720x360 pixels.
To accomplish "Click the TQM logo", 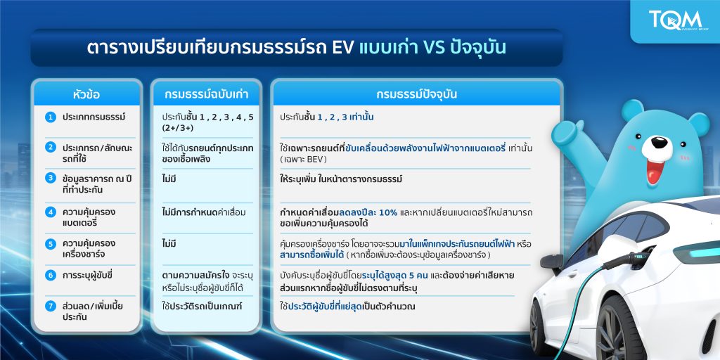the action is tap(675, 20).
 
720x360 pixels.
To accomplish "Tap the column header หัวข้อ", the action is tap(86, 95).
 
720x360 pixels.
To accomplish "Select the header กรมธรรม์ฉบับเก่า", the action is tap(206, 95).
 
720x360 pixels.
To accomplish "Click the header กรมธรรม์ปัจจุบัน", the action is tap(416, 95).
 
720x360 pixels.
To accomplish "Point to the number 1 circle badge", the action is tap(51, 117).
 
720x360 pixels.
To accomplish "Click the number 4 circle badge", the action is tap(51, 212).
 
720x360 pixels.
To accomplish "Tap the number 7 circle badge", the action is tap(51, 306).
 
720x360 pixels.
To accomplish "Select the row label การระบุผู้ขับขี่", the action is tap(88, 275).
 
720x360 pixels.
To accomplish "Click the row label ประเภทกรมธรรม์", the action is tap(94, 117).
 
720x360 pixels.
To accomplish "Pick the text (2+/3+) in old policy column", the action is tap(177, 128).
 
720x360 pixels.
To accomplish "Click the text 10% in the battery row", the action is tap(388, 212).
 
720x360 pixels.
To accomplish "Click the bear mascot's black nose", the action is tap(660, 143).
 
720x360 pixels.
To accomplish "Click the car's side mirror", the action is tap(551, 262).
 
